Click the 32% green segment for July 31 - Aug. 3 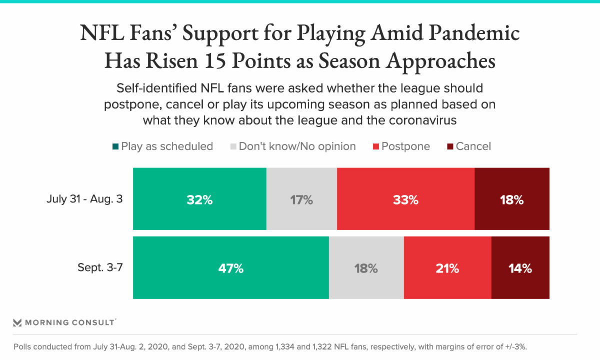(x=199, y=199)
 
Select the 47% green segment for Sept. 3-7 (x=230, y=267)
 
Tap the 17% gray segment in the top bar (x=301, y=199)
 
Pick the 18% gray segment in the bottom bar (x=366, y=267)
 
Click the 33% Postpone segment (x=405, y=199)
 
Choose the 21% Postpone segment (x=447, y=267)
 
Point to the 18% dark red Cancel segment (x=511, y=199)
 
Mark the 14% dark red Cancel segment (x=520, y=267)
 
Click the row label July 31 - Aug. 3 (x=84, y=199)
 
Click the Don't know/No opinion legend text (x=297, y=146)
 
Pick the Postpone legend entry (x=405, y=146)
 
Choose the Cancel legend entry (x=473, y=146)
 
